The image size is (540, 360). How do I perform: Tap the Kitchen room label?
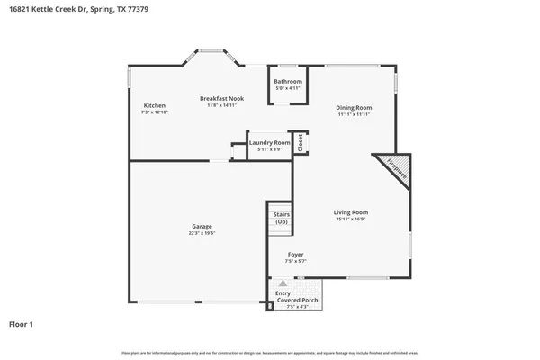click(x=154, y=105)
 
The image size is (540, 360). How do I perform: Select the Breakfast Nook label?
click(x=221, y=98)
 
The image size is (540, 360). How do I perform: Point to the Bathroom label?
click(x=288, y=82)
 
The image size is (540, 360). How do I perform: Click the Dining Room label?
click(x=355, y=108)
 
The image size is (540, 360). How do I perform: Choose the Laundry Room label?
click(x=269, y=142)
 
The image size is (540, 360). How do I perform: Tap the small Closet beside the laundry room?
click(x=301, y=142)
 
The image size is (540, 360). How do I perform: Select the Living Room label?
click(x=351, y=212)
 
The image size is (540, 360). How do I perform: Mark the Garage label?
click(x=202, y=226)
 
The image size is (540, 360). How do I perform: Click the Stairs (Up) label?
click(x=281, y=218)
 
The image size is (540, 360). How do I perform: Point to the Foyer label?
click(x=295, y=255)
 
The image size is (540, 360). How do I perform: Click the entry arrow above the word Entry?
click(x=283, y=283)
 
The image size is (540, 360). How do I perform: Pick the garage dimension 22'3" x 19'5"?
click(x=202, y=233)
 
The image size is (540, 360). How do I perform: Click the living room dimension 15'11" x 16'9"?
click(x=351, y=219)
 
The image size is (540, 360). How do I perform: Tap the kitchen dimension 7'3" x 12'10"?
click(x=154, y=112)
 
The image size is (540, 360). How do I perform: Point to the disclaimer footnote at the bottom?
click(x=270, y=351)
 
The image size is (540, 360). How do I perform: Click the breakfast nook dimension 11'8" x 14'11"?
click(x=221, y=105)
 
